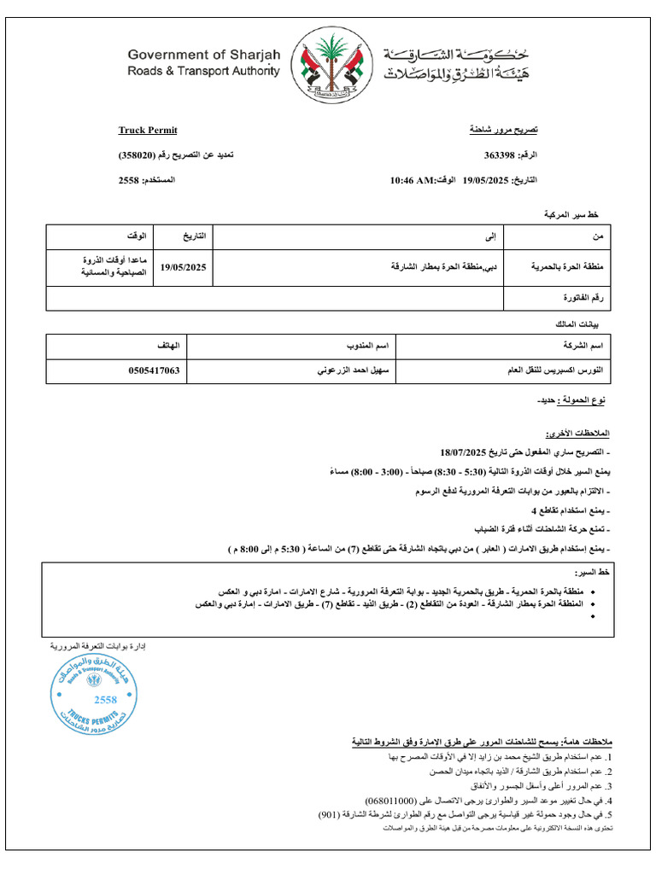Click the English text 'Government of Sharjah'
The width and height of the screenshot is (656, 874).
203,55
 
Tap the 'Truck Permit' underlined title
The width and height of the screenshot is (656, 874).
148,130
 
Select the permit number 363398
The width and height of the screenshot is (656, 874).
499,155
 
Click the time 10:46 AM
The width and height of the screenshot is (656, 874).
413,181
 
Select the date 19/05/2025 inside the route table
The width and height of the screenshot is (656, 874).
184,267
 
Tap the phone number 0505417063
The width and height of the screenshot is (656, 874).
151,371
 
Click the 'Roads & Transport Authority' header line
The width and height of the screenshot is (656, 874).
203,72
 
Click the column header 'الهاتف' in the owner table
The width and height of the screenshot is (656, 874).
168,346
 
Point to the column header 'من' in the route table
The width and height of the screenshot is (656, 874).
598,236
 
